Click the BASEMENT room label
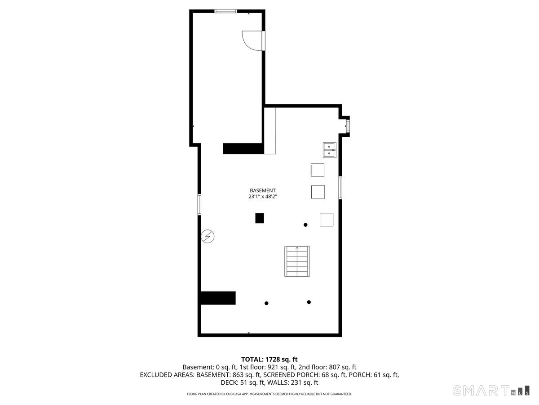[262, 190]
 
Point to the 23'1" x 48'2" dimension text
[262, 197]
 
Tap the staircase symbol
[297, 261]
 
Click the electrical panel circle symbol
[208, 237]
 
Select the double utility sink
[329, 150]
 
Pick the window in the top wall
[225, 11]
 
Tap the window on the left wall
[199, 204]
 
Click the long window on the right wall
[340, 188]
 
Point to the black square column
[260, 218]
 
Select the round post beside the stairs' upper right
[305, 225]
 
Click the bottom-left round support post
[266, 303]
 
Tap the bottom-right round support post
[309, 302]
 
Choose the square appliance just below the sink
[317, 170]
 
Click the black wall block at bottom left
[218, 298]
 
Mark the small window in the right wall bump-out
[348, 126]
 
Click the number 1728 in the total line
[273, 360]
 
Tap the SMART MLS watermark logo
[491, 390]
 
